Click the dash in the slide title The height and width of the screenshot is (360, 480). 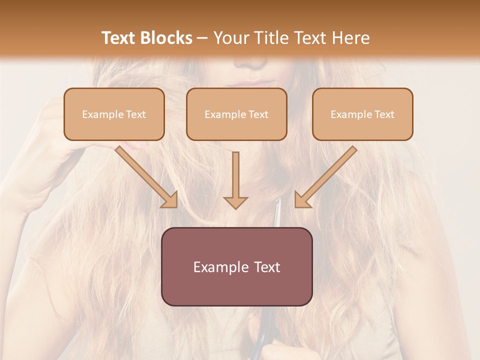click(x=202, y=38)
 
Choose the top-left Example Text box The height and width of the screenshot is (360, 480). click(x=114, y=114)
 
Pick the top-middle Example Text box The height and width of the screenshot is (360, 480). click(x=236, y=114)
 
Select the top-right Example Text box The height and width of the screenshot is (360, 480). click(x=362, y=114)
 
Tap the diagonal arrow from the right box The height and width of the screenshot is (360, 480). click(x=325, y=177)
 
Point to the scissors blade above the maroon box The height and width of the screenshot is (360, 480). click(x=276, y=212)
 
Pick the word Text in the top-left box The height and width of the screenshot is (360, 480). click(x=135, y=114)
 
